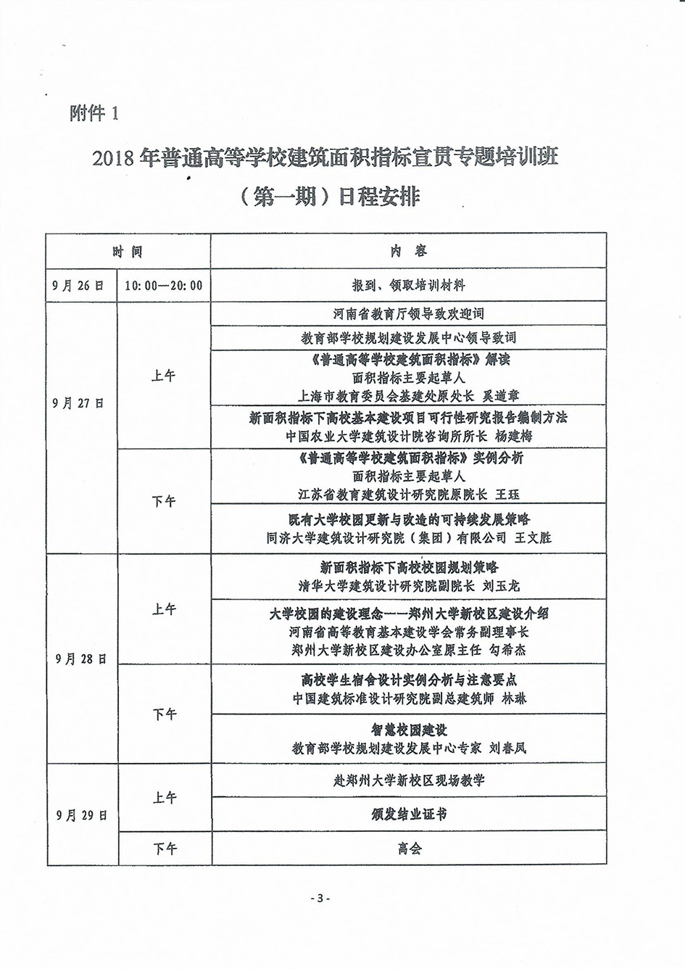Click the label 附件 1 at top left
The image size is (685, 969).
point(94,114)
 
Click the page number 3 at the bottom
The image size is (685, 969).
point(319,898)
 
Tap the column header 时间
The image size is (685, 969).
point(128,252)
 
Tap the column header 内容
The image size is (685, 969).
point(408,252)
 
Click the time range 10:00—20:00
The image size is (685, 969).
point(164,285)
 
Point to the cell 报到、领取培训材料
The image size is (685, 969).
point(408,285)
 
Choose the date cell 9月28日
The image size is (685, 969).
point(81,659)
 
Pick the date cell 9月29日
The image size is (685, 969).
point(81,815)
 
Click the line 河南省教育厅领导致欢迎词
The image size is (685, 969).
point(408,314)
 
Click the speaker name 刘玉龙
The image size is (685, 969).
point(502,585)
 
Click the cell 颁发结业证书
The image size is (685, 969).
point(408,815)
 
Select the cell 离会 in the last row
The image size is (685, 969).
point(409,849)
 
